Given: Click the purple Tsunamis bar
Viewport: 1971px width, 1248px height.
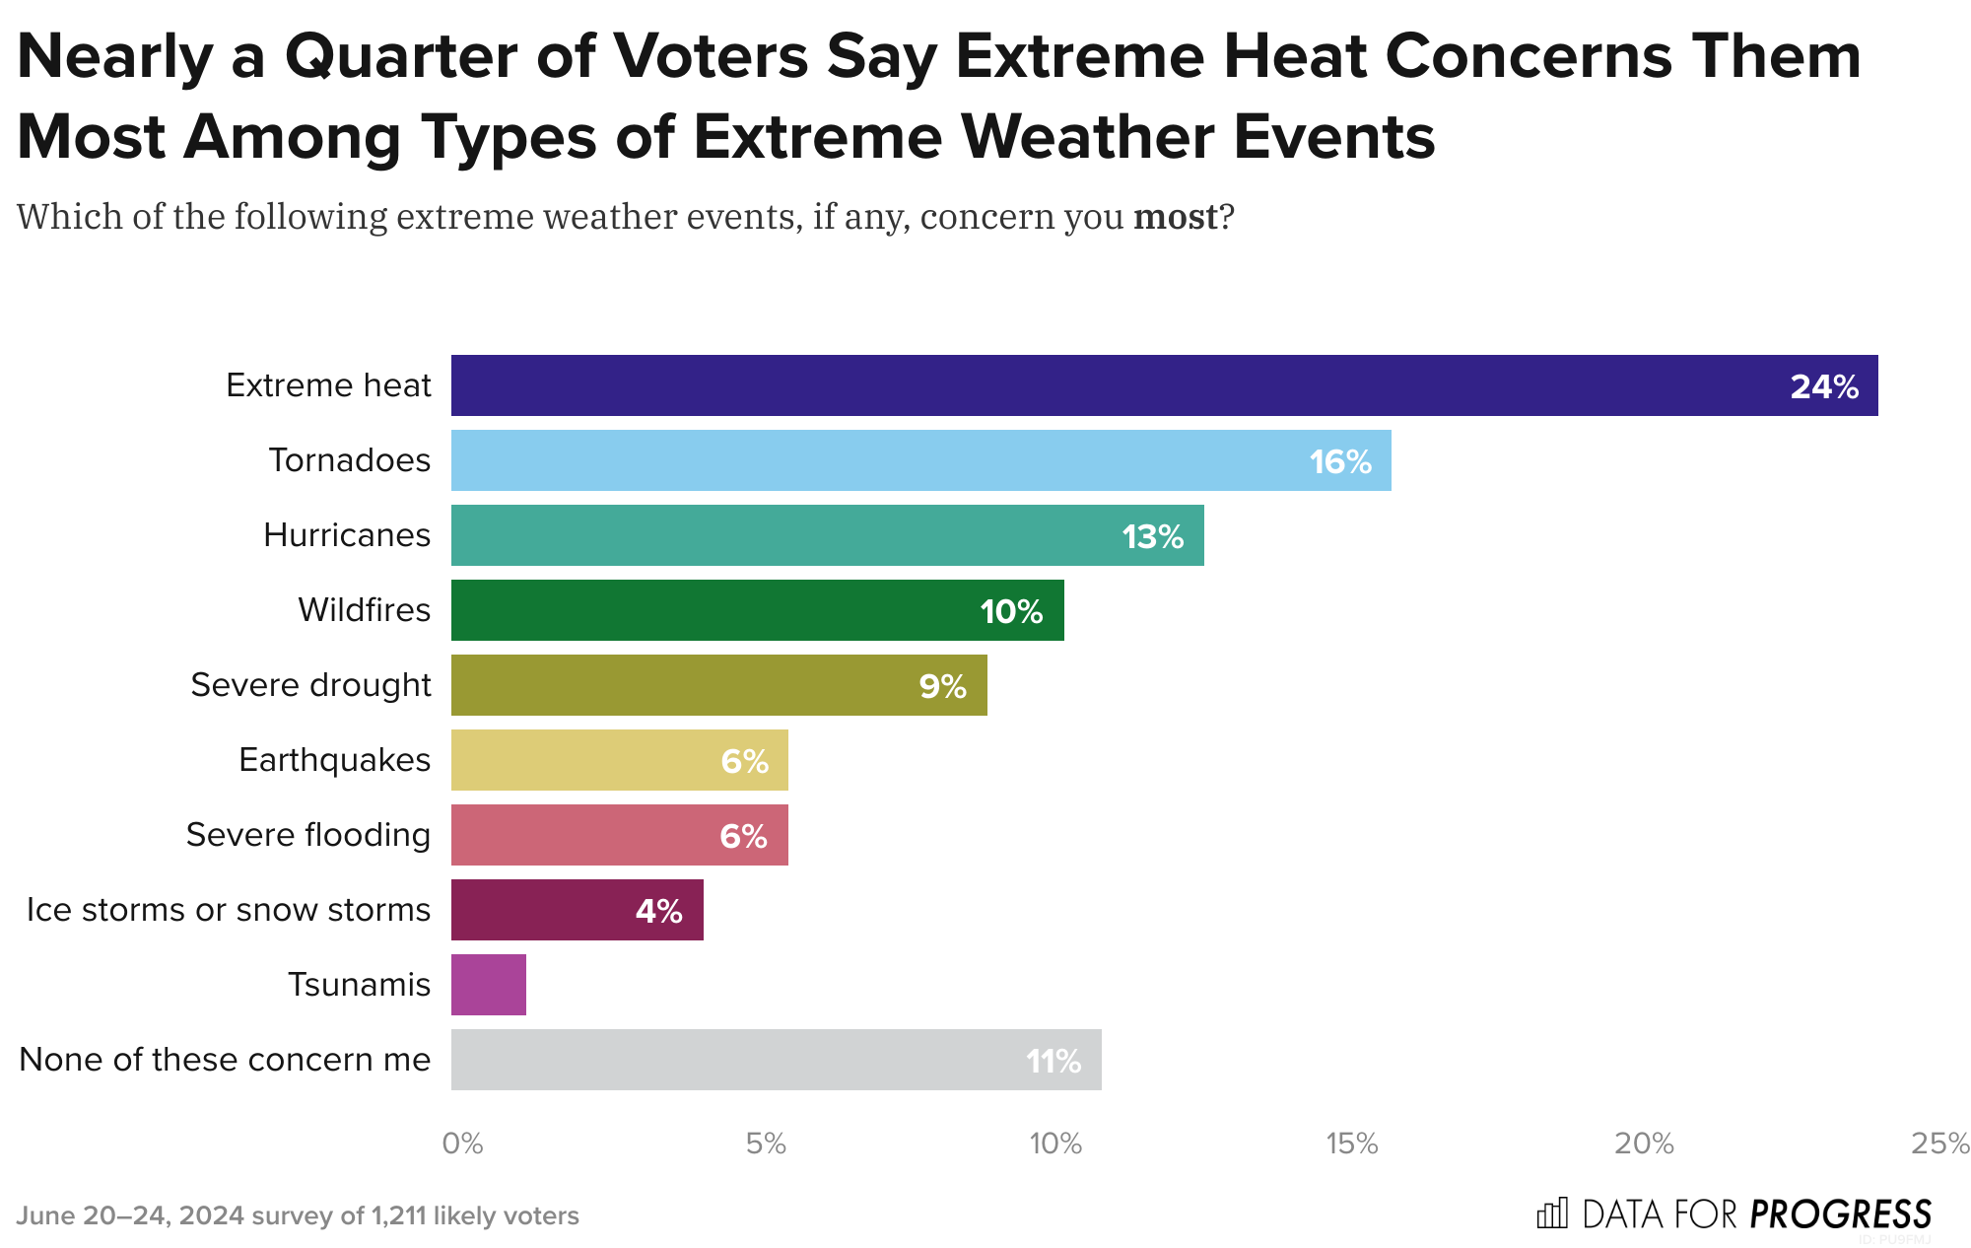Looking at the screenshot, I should pos(489,985).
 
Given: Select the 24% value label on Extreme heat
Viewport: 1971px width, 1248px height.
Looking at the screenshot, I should pos(1824,386).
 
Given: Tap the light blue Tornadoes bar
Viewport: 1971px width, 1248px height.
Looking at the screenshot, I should pos(920,460).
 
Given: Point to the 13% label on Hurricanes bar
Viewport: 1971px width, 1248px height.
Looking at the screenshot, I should pos(1152,536).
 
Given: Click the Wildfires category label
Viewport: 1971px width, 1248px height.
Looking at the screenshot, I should pos(364,610).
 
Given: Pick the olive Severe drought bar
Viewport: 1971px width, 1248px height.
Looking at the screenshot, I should pos(718,685).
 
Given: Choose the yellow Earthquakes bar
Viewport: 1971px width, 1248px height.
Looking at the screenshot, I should pos(619,760).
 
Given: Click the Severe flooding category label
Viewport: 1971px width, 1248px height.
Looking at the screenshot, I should pos(307,835).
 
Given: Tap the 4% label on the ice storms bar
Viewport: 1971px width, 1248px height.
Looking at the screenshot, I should pos(658,911).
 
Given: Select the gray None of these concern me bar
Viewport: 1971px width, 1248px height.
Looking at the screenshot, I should pos(776,1060).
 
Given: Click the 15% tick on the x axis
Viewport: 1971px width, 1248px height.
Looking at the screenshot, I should pos(1351,1144).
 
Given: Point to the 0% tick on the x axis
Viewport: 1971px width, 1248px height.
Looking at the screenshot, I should pos(462,1144).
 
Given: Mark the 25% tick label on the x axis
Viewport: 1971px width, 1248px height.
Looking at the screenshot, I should pos(1939,1144).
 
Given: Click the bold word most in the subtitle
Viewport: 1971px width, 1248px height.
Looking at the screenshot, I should pos(1175,216).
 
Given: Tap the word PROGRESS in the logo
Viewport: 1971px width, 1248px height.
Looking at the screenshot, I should pos(1840,1213).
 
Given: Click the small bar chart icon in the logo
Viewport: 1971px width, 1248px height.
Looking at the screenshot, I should pos(1552,1213).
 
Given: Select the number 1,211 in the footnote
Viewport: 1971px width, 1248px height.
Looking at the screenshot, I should pos(398,1215).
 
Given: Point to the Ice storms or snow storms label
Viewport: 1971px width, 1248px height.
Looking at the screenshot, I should pos(228,910).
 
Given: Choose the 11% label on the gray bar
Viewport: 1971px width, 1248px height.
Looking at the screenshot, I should pos(1053,1062).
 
